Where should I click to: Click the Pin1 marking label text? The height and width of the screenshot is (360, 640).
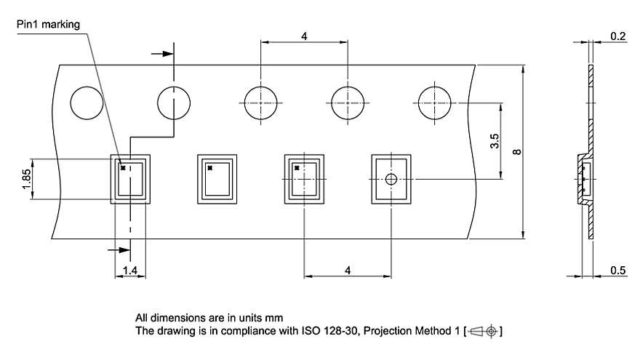[x=49, y=25]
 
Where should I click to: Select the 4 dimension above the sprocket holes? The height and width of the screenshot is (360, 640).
[x=304, y=36]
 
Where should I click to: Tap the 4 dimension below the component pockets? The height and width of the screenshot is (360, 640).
[x=348, y=270]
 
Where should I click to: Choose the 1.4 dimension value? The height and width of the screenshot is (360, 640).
[x=129, y=271]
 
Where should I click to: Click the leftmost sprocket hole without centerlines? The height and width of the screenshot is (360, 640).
[x=87, y=104]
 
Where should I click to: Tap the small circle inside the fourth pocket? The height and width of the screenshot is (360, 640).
[x=391, y=179]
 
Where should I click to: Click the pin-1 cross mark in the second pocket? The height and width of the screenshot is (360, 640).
[x=209, y=168]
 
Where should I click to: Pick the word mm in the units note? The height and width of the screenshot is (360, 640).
[x=273, y=318]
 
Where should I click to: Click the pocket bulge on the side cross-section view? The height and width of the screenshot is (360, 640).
[x=584, y=179]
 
